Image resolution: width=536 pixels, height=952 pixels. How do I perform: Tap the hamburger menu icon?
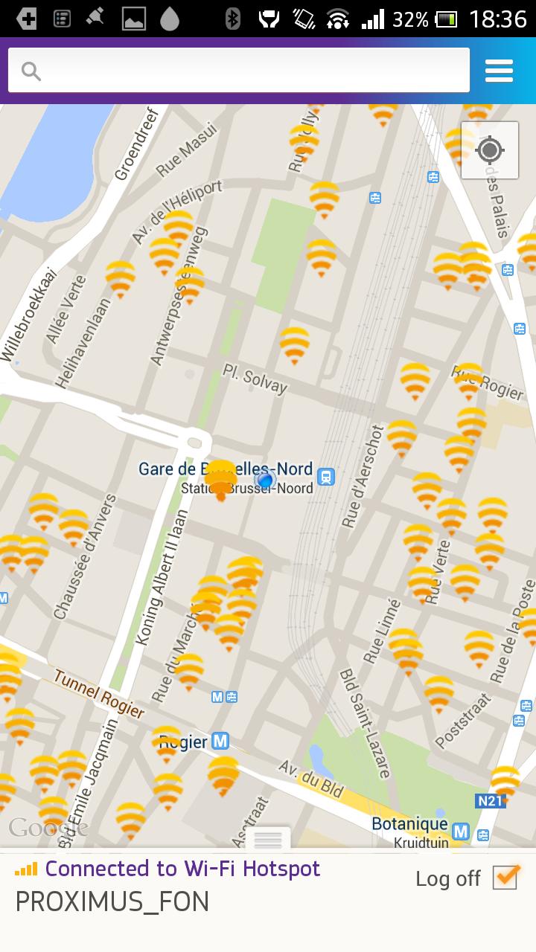click(x=499, y=71)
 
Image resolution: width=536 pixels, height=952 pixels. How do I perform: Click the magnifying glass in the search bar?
click(x=31, y=71)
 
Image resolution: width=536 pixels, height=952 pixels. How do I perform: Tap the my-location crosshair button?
click(x=489, y=150)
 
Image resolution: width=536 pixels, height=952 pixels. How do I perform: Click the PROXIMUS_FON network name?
click(x=112, y=901)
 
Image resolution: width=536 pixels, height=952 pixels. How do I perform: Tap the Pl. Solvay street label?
click(x=255, y=378)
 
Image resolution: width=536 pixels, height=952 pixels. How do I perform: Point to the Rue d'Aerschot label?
click(x=363, y=476)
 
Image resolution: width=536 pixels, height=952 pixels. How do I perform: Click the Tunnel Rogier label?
click(x=98, y=693)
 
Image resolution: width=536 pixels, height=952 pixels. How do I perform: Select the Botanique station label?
click(x=409, y=824)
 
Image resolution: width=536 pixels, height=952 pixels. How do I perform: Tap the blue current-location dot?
click(x=265, y=480)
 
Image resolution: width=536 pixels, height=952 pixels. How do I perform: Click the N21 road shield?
click(x=490, y=800)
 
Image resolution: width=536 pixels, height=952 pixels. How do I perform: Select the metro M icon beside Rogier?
click(x=220, y=741)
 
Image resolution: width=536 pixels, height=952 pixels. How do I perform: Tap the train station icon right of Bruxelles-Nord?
click(x=326, y=475)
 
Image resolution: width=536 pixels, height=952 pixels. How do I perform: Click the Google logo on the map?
click(x=46, y=827)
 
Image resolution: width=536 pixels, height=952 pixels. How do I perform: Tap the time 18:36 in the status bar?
click(x=498, y=19)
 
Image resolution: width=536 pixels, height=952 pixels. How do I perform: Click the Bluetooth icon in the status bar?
click(x=232, y=19)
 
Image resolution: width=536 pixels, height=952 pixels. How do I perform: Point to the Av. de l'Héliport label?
click(x=177, y=211)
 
